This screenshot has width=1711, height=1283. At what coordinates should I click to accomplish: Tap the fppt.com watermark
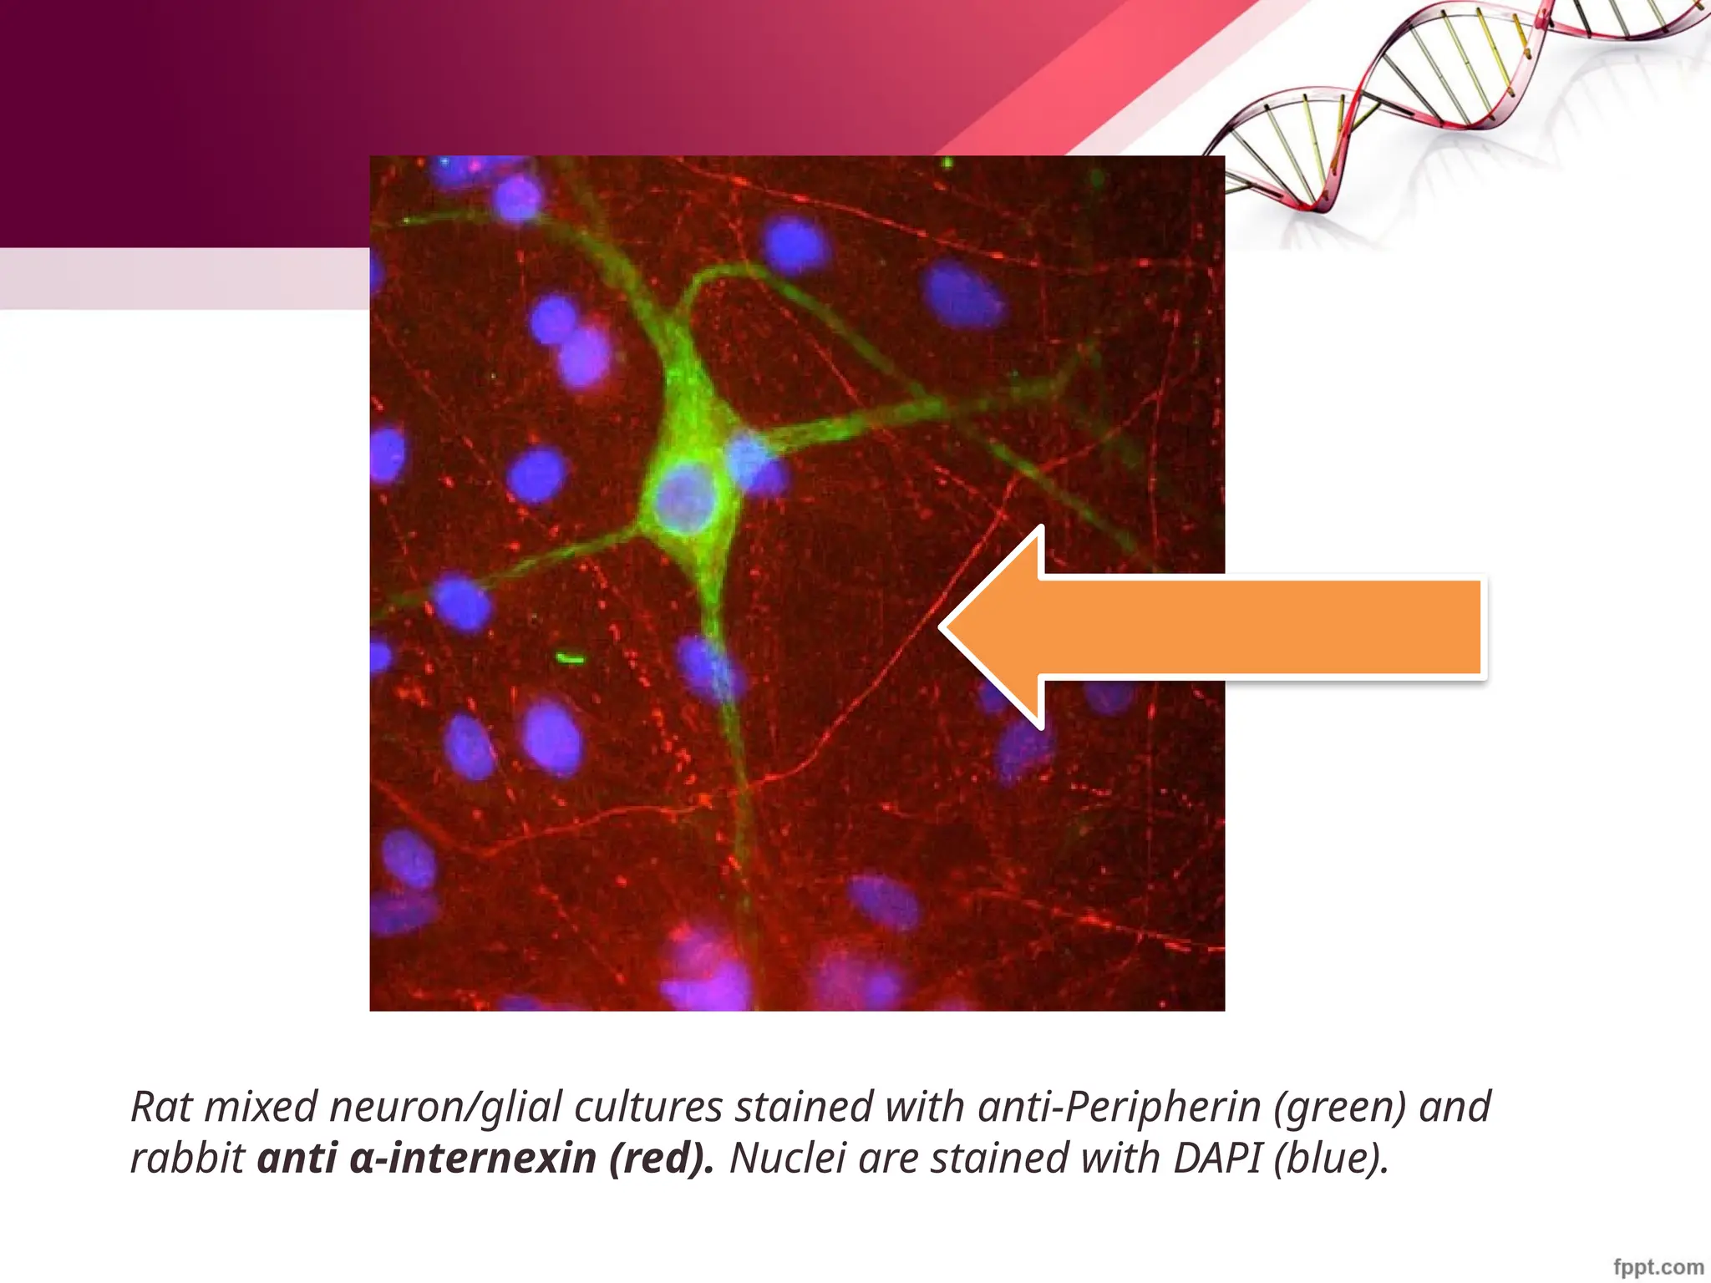click(1658, 1267)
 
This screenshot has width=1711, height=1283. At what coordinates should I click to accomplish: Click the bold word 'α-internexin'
click(472, 1159)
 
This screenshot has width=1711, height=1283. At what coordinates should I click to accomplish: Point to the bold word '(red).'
click(661, 1159)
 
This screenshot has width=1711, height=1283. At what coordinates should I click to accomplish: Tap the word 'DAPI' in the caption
click(1218, 1159)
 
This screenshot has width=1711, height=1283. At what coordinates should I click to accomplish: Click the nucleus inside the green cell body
click(684, 499)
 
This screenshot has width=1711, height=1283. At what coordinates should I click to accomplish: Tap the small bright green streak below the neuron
click(571, 659)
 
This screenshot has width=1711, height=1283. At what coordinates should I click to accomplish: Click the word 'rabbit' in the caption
click(187, 1159)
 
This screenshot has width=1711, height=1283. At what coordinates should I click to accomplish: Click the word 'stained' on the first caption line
click(804, 1107)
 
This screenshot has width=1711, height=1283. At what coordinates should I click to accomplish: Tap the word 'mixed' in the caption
click(261, 1107)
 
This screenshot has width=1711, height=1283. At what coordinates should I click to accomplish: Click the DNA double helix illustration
click(1454, 92)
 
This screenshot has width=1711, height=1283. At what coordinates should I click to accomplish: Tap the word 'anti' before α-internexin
click(297, 1159)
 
